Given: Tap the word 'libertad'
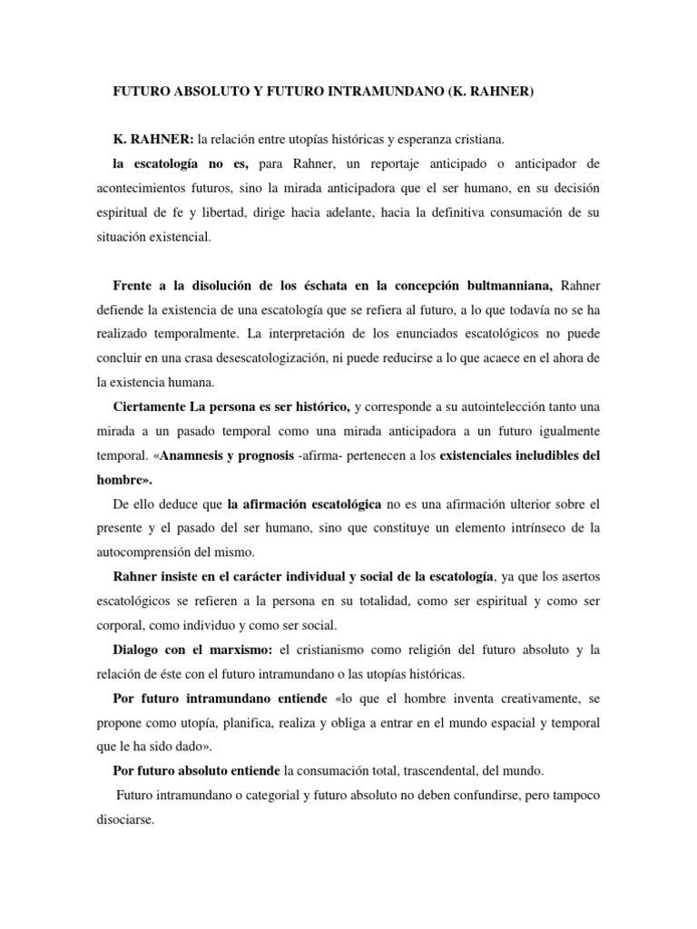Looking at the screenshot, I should pos(258,211).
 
